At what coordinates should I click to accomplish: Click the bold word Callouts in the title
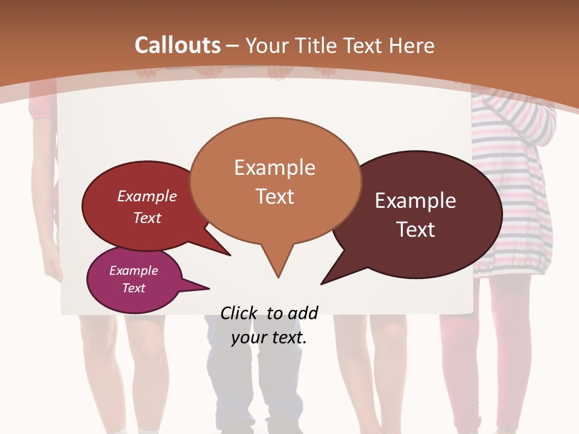tap(177, 45)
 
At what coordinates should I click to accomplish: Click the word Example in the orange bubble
tap(274, 168)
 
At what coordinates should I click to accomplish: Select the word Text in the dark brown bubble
tap(416, 230)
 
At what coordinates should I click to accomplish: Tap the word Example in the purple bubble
tap(133, 271)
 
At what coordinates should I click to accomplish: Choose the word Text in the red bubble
tap(147, 218)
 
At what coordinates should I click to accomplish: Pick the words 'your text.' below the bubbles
tap(269, 338)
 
